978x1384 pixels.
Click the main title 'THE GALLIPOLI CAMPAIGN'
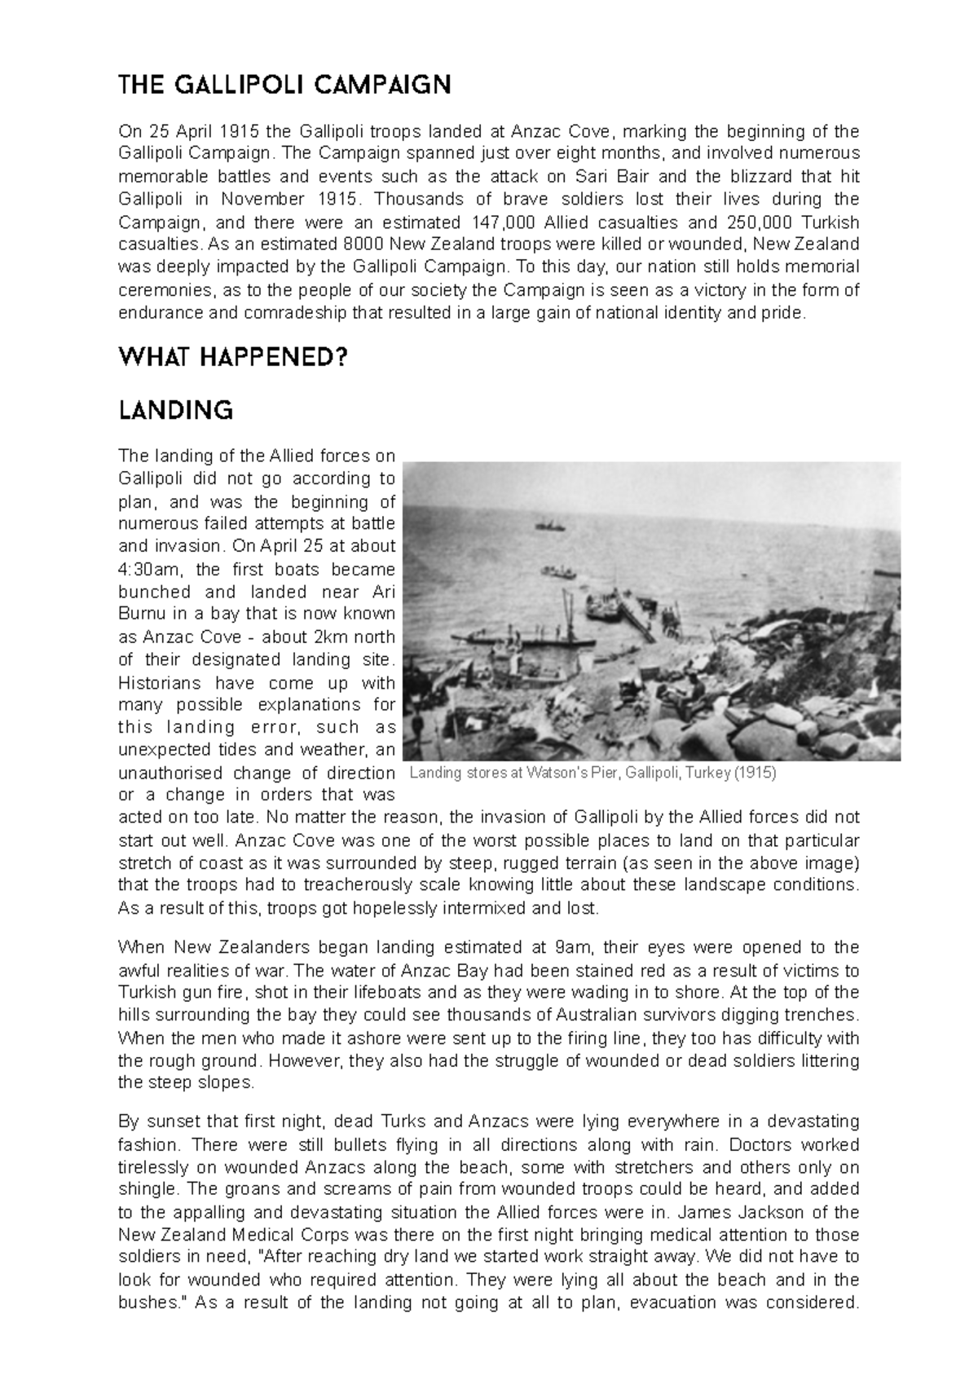pos(284,85)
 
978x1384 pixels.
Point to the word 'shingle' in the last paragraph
pos(143,1189)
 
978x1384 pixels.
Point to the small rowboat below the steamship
pos(560,572)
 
